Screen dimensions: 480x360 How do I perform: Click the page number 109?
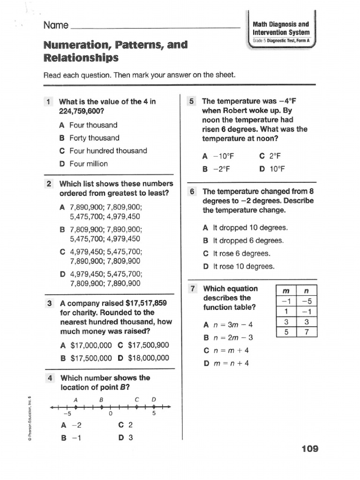(310, 449)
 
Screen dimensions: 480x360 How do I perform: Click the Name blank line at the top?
(155, 27)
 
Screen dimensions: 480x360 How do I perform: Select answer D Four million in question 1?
(83, 164)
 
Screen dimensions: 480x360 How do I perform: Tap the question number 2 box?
(49, 184)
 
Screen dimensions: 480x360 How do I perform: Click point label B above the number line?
(100, 399)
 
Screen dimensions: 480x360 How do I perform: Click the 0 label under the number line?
(110, 414)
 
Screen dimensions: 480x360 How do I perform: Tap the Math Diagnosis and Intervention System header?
(281, 28)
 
